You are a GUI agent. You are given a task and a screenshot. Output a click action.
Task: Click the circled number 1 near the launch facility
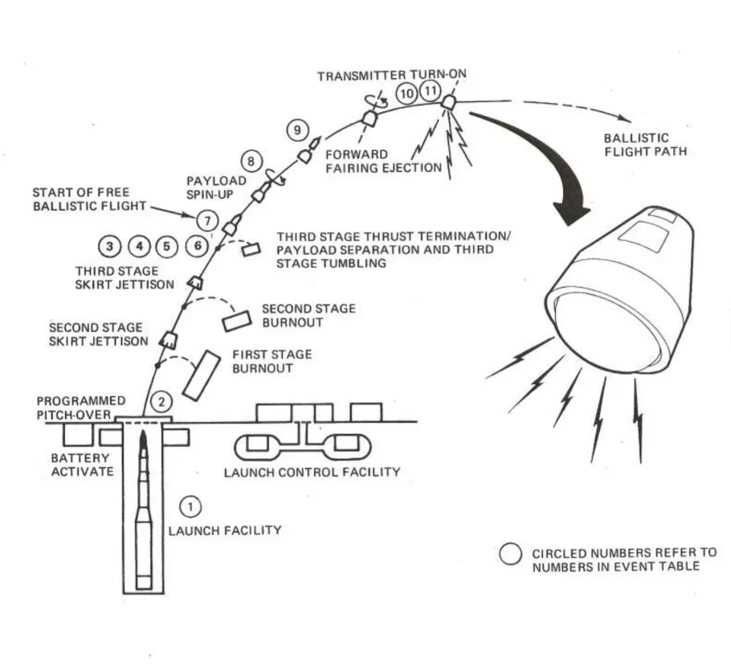click(x=190, y=506)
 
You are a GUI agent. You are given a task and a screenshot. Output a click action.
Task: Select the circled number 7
click(x=207, y=219)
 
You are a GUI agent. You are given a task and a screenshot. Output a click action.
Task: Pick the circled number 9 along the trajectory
click(x=297, y=129)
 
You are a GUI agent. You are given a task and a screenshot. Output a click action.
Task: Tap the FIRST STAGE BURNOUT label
click(x=272, y=361)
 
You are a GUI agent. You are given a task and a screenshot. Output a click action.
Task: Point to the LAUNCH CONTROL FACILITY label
click(x=312, y=472)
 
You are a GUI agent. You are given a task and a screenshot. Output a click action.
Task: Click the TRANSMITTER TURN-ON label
click(x=391, y=76)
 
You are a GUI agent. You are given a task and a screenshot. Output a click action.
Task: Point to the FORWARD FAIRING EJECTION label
click(x=383, y=161)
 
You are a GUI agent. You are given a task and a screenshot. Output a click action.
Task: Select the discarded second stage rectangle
click(x=238, y=319)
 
